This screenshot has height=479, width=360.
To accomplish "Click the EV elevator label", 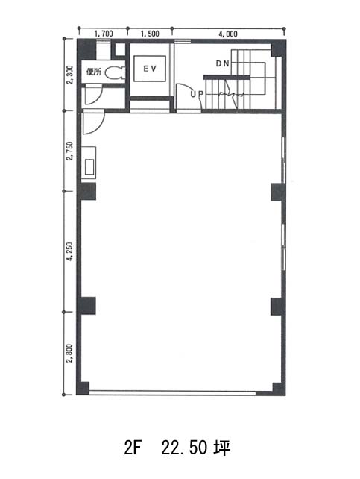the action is click(x=150, y=69).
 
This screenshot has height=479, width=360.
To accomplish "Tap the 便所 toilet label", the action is click(x=94, y=72).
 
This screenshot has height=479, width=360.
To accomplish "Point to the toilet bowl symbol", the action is click(x=115, y=72).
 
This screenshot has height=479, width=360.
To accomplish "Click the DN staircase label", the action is click(x=222, y=63).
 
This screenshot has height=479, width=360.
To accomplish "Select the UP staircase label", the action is click(x=197, y=95).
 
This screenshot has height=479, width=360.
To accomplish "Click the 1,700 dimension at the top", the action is click(x=104, y=34).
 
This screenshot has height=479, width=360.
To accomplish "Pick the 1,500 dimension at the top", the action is click(x=150, y=34).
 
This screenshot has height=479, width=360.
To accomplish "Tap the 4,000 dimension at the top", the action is click(x=228, y=34).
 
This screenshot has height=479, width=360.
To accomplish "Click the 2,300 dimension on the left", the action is click(x=70, y=74).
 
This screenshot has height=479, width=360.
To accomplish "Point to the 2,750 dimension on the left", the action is click(x=70, y=151).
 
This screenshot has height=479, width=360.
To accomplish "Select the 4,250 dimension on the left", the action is click(x=70, y=251).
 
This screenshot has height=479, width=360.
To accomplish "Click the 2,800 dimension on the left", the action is click(x=70, y=354).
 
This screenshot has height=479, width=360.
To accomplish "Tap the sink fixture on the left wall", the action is click(x=89, y=163).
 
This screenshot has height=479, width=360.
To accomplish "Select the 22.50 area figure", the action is click(x=184, y=448).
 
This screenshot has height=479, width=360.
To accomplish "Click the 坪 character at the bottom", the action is click(x=222, y=448).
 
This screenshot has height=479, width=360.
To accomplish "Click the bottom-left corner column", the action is click(x=83, y=388).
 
